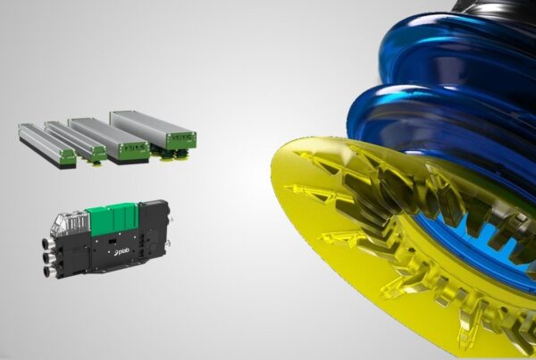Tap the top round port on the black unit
coord(46,245)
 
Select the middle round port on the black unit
coord(47,257)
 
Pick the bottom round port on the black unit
coord(48,271)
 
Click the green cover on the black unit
coord(113,219)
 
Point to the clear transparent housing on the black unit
coord(70,222)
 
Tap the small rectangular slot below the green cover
coord(111,242)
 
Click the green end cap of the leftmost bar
coord(68,156)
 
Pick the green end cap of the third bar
coord(135,150)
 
